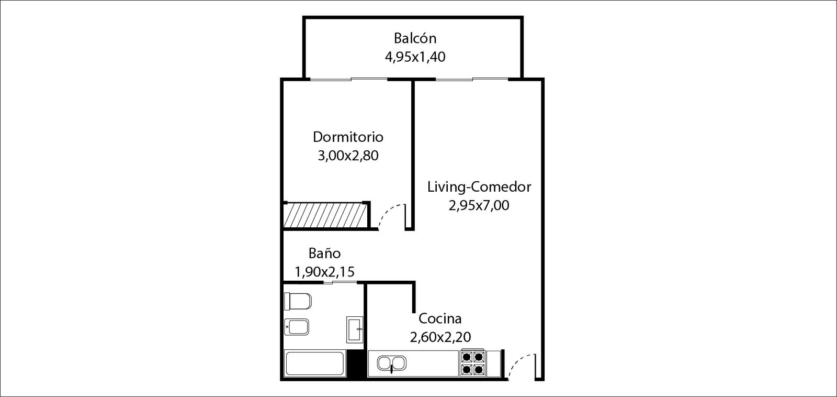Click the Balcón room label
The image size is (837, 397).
[415, 38]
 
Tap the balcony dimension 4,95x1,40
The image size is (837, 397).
[415, 57]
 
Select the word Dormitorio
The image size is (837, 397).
[348, 137]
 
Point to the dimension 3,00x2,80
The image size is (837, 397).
[348, 156]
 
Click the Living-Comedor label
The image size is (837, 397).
[479, 186]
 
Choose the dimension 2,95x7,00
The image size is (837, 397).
[479, 205]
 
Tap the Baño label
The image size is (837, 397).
[324, 253]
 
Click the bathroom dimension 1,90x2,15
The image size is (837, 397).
[324, 272]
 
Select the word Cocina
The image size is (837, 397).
[440, 318]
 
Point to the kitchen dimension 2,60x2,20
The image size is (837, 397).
[440, 337]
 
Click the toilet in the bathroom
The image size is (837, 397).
[298, 301]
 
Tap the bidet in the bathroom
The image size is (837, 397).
[297, 327]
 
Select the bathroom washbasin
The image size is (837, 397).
[355, 329]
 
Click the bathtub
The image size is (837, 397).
[314, 363]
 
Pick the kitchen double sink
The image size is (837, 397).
[391, 363]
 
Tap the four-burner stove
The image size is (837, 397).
[473, 362]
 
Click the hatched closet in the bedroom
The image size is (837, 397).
[325, 215]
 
